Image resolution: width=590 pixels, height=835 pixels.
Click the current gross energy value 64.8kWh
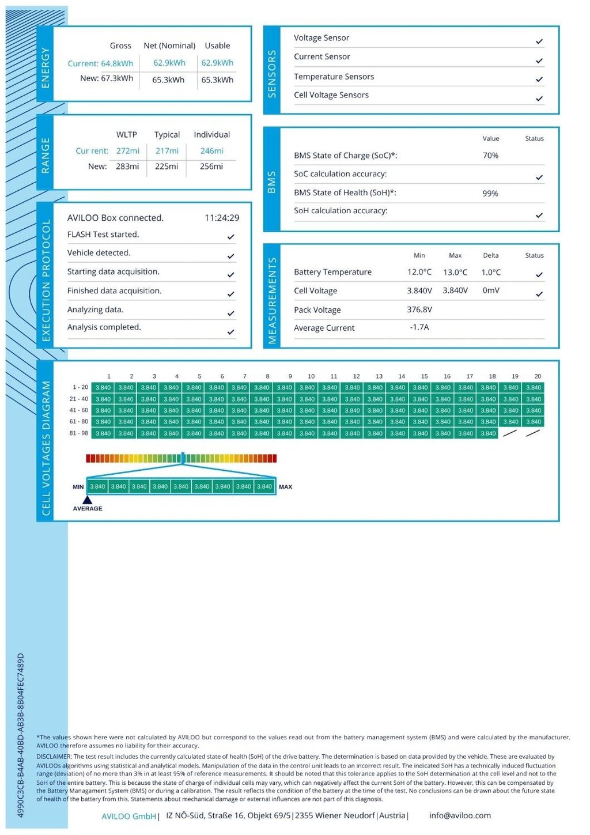(117, 63)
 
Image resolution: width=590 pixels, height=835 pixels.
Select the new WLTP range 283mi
(127, 167)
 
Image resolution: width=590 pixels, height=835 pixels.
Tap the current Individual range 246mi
(211, 151)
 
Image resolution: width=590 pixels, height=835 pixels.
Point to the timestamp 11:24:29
(222, 218)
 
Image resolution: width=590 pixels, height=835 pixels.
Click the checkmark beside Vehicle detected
(230, 256)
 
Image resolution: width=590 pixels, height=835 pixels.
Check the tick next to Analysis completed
(230, 332)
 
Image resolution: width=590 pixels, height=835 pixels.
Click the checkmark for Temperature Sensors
(539, 80)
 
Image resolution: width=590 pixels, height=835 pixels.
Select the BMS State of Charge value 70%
(490, 156)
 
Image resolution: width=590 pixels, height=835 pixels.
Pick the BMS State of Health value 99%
(490, 194)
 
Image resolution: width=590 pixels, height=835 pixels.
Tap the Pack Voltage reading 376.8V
(419, 309)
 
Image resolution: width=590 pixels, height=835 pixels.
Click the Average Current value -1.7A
(419, 327)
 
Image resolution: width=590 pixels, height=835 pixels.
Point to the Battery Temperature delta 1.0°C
(491, 272)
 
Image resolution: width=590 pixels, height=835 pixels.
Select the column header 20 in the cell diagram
(538, 376)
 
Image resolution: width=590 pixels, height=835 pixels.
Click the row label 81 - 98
(79, 433)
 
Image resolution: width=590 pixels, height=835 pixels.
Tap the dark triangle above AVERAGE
(88, 500)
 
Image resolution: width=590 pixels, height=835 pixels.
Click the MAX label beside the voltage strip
(285, 487)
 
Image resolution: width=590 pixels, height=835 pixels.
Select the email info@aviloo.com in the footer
(460, 815)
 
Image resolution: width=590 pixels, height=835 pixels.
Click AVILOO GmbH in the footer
(128, 816)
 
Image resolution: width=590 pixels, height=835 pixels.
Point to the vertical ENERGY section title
(46, 68)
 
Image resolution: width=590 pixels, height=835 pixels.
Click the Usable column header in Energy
(217, 46)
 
